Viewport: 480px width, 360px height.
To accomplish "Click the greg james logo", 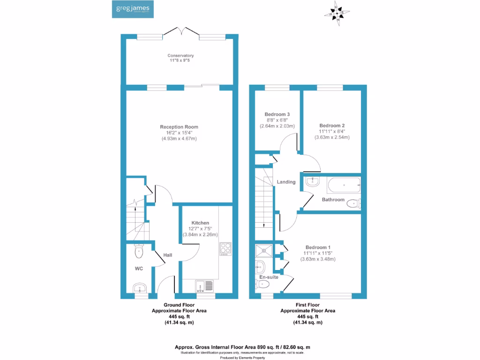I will (133, 9).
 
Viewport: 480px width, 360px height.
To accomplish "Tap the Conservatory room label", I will (180, 56).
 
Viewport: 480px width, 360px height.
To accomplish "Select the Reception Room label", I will (179, 127).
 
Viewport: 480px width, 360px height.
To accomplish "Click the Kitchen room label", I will (200, 223).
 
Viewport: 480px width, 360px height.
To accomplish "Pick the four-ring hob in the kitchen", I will (225, 248).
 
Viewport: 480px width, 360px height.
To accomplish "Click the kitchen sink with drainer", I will (204, 285).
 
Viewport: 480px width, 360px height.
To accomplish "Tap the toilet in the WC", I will (139, 252).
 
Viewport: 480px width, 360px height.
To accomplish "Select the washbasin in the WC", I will (139, 287).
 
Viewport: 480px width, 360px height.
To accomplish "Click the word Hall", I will (168, 255).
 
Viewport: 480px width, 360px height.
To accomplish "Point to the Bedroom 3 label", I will (277, 114).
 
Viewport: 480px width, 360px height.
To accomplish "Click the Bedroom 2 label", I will (332, 126).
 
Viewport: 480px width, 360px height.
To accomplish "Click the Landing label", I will (286, 182).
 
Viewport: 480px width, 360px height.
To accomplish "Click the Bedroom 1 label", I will (318, 247).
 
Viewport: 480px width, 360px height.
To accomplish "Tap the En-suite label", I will (269, 277).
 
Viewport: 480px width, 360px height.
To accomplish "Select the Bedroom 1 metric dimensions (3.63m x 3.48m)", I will (318, 259).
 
